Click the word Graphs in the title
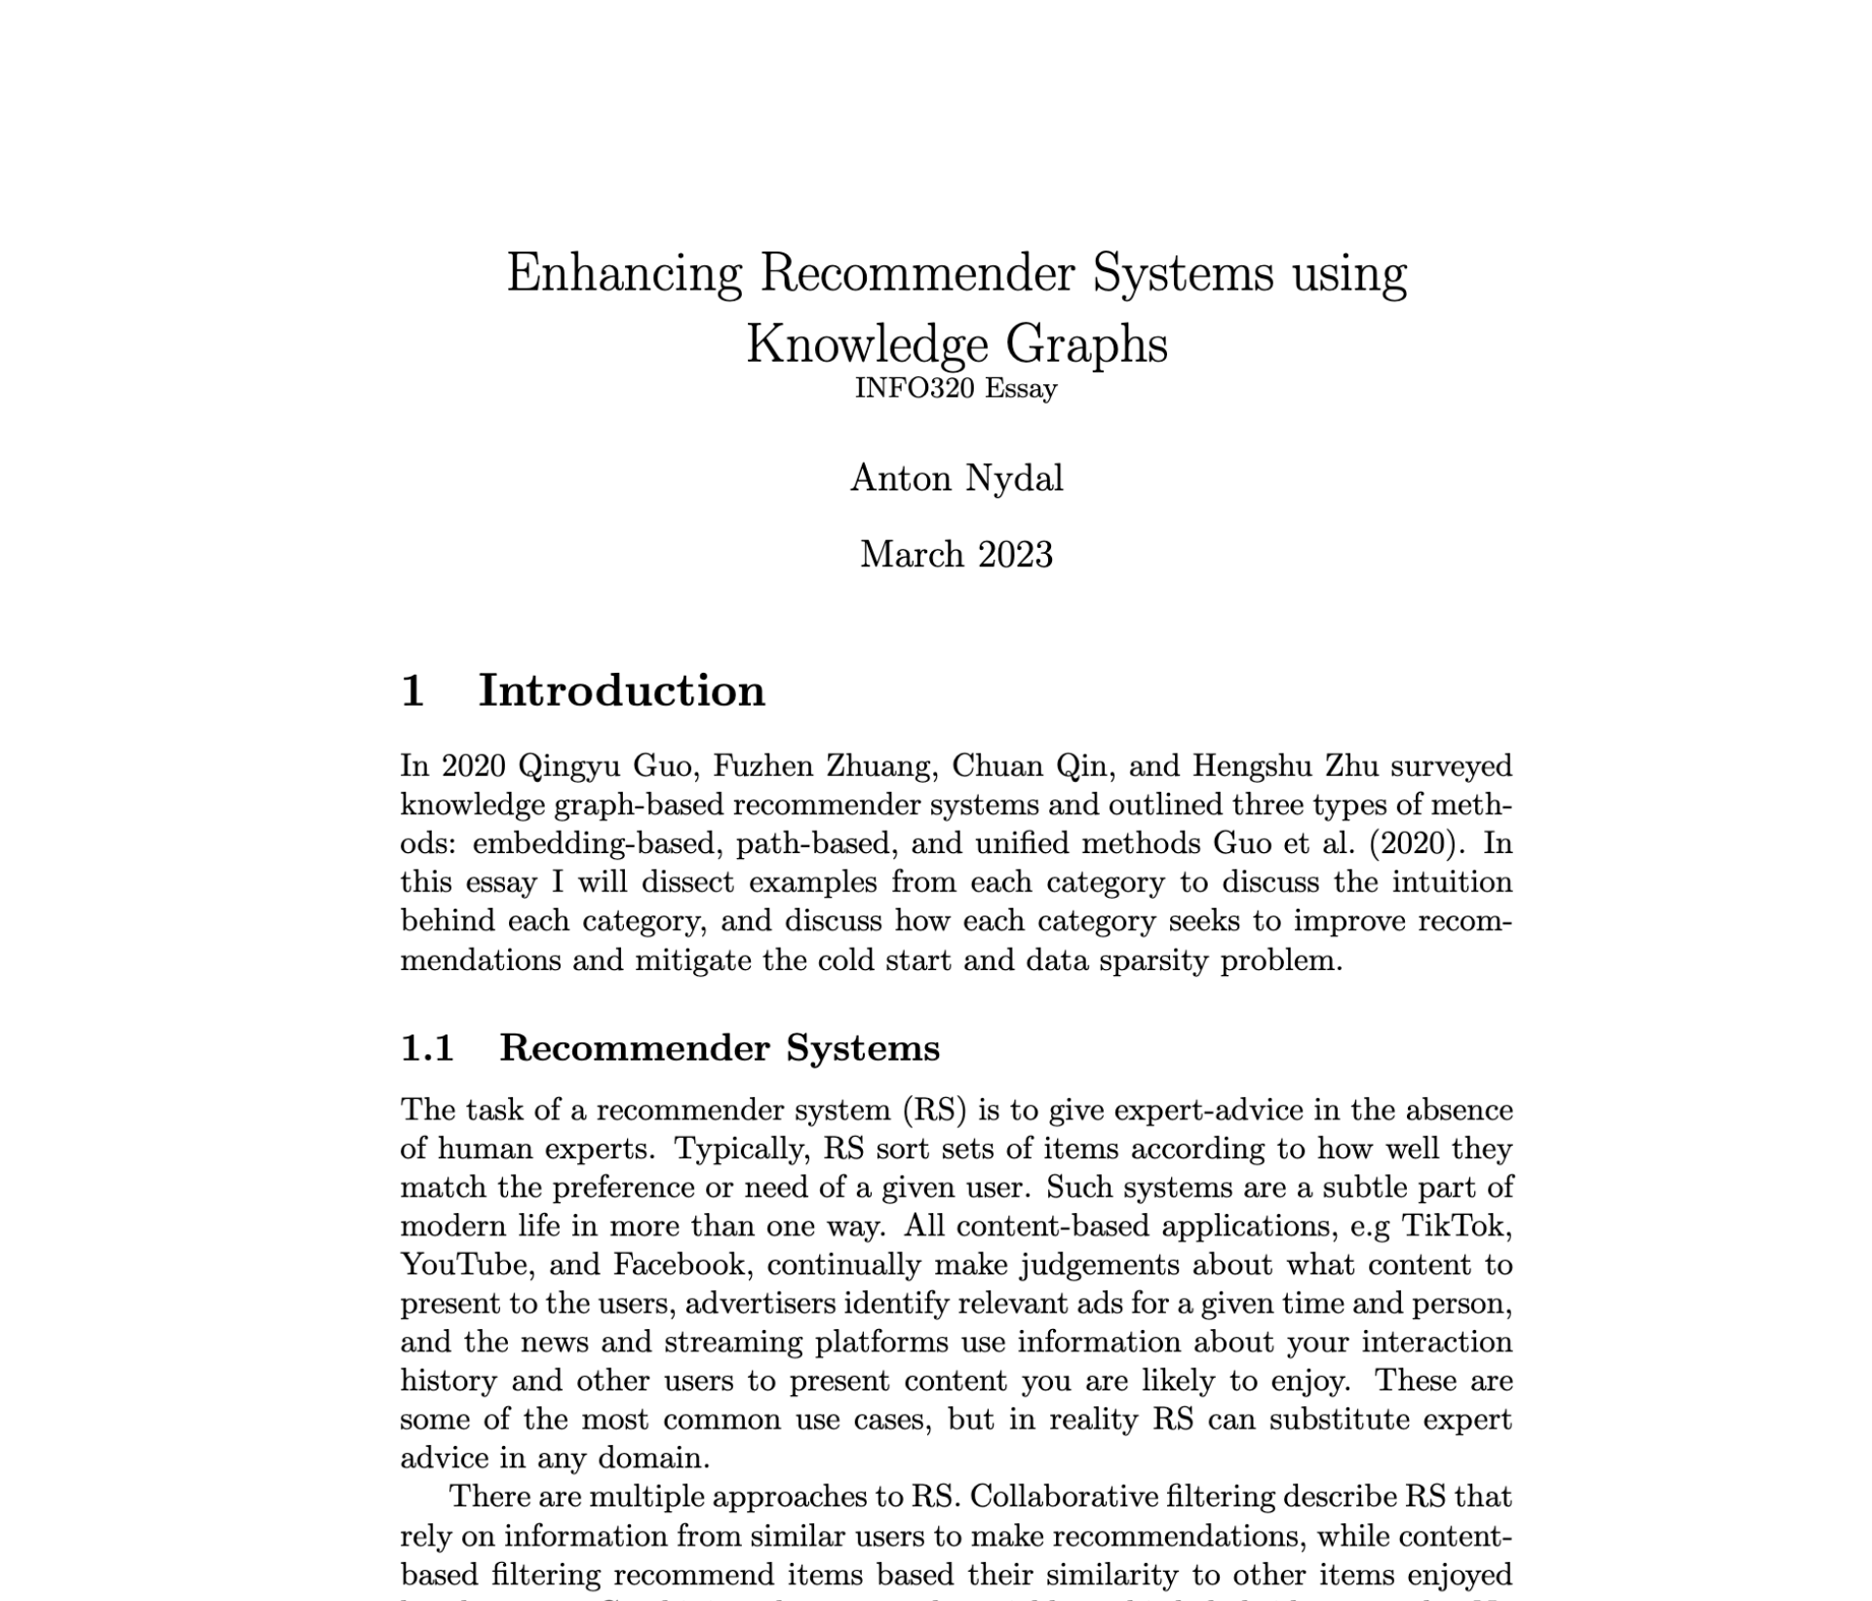click(1086, 345)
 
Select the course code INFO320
click(915, 388)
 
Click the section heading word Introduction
click(621, 690)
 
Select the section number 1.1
click(428, 1048)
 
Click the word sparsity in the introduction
click(1154, 960)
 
